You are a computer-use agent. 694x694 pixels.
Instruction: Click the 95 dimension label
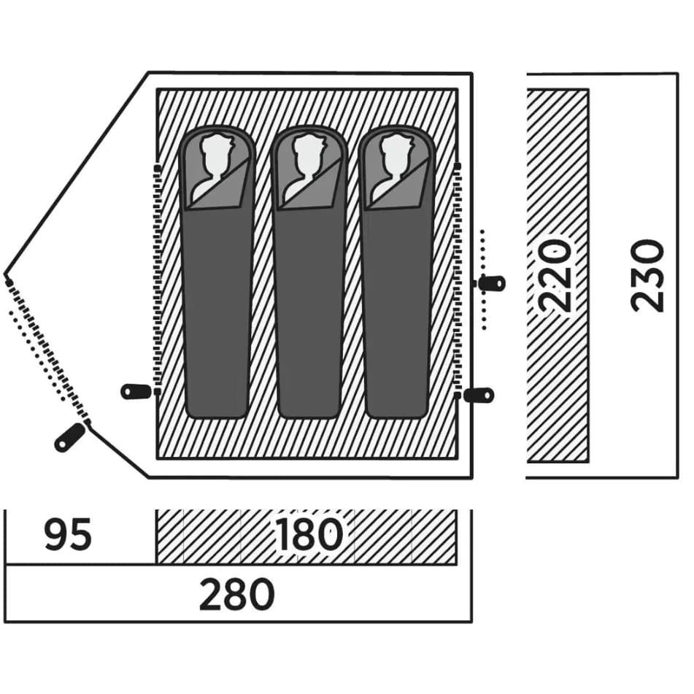(x=68, y=534)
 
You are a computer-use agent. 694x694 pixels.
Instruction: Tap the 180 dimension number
(x=309, y=534)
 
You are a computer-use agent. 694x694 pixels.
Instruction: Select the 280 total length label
(x=236, y=594)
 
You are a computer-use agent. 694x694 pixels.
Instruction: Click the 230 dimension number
(x=647, y=276)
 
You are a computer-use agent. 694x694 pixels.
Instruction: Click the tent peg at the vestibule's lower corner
(x=69, y=437)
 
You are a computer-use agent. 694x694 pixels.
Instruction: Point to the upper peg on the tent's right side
(x=492, y=283)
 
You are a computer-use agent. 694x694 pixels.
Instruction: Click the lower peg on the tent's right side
(x=479, y=394)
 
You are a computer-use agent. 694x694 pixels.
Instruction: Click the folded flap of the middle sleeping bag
(x=313, y=186)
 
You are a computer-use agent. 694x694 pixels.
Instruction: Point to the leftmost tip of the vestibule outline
(x=5, y=273)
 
